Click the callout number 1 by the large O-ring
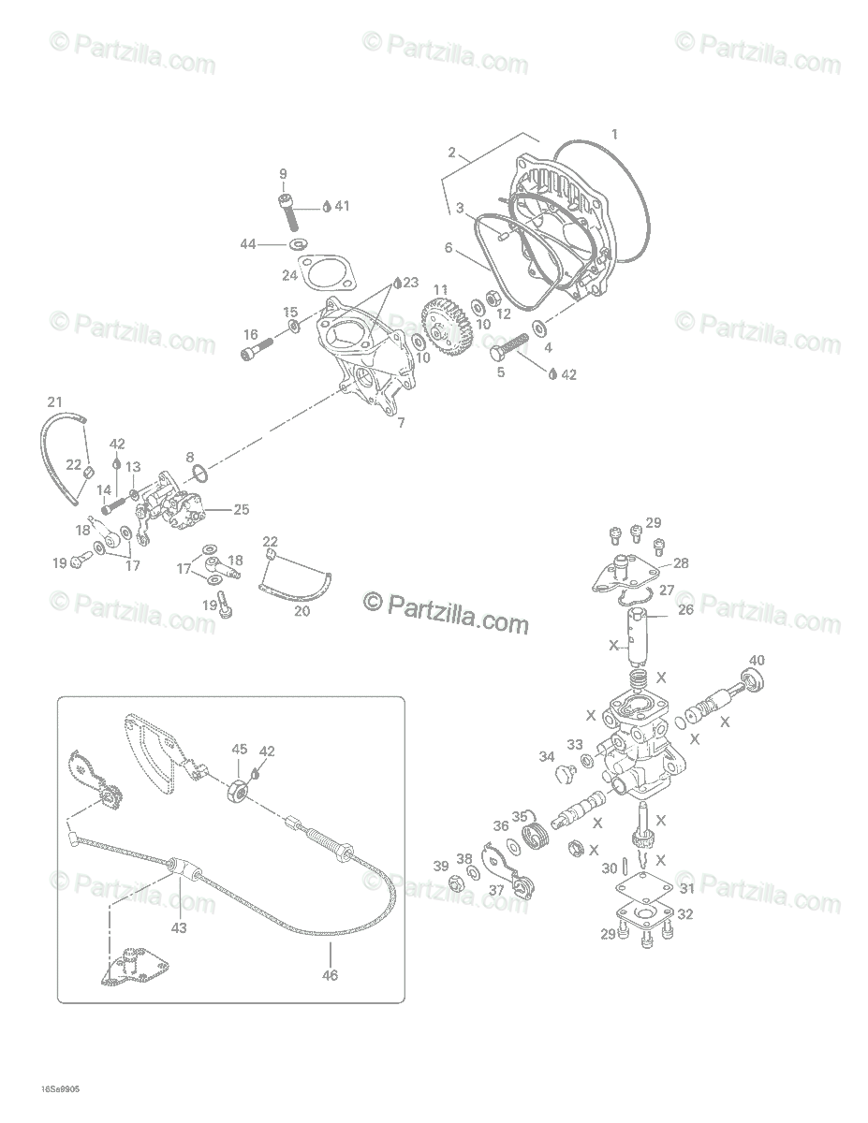pos(614,134)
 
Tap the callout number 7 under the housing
pos(401,423)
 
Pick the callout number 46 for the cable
pos(330,975)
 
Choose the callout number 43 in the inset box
pos(179,928)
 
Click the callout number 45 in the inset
pos(240,749)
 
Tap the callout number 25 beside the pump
pos(242,510)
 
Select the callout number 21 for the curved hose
pos(54,402)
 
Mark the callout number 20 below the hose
pos(302,611)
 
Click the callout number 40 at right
pos(757,659)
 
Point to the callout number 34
pos(547,756)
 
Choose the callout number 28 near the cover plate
pos(681,562)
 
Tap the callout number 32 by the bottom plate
pos(685,914)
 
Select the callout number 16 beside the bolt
pos(251,334)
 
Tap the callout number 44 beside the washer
pos(247,244)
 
